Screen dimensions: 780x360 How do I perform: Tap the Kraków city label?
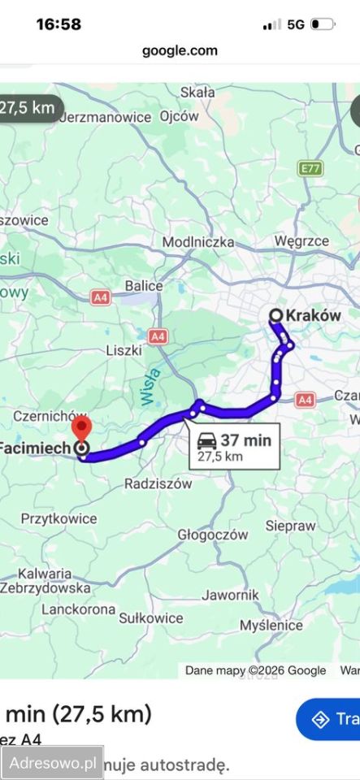coord(314,315)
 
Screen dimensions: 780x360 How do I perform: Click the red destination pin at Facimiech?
coord(81,428)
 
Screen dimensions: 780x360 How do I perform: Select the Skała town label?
coord(197,92)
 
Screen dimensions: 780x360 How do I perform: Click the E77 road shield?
coord(309,168)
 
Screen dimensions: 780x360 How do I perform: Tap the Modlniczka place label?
coord(198,242)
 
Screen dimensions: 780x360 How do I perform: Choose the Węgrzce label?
coord(301,241)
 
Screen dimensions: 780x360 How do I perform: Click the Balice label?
coord(144,286)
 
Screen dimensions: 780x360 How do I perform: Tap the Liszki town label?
coord(124,350)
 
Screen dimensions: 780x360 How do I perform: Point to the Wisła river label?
coord(150,385)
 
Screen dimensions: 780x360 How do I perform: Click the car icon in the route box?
coord(207,441)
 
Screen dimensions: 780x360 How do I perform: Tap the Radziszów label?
coord(158,483)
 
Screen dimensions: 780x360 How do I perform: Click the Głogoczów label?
coord(212,535)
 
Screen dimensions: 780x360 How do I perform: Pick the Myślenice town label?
coord(271,626)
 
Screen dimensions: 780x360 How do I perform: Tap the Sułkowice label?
coord(150,617)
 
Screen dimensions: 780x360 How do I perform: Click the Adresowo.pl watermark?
coord(52,763)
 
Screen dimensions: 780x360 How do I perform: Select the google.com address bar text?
coord(180,50)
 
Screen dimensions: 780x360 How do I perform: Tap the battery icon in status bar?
coord(322,24)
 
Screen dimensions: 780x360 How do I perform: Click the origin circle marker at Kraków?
coord(275,315)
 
